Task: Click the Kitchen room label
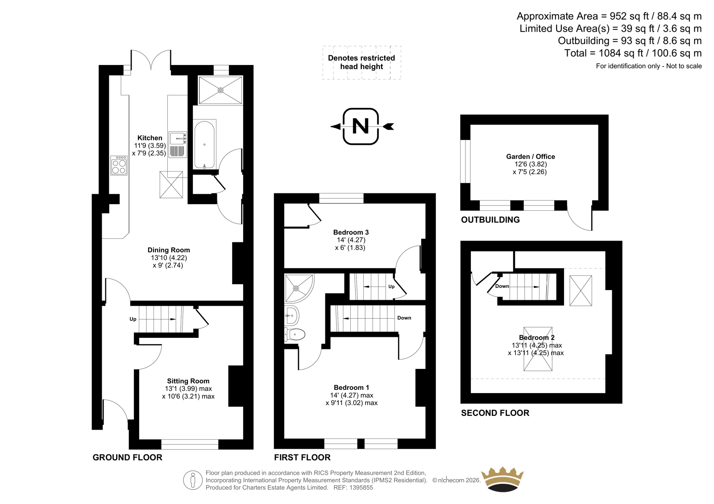[149, 138]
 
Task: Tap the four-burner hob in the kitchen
[119, 165]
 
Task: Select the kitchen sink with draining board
[178, 145]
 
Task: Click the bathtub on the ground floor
[204, 144]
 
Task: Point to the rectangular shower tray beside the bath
[220, 90]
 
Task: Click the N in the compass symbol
[361, 126]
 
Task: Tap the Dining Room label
[169, 250]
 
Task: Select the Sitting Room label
[188, 381]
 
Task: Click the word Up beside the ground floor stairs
[133, 319]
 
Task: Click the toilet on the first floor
[295, 335]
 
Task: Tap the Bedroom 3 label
[351, 232]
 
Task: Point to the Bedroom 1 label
[351, 388]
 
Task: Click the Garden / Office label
[531, 156]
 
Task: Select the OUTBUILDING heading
[490, 220]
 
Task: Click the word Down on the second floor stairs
[502, 286]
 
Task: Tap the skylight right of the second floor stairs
[581, 291]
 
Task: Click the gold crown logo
[502, 479]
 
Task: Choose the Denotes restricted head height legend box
[361, 62]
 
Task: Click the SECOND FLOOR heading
[495, 413]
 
